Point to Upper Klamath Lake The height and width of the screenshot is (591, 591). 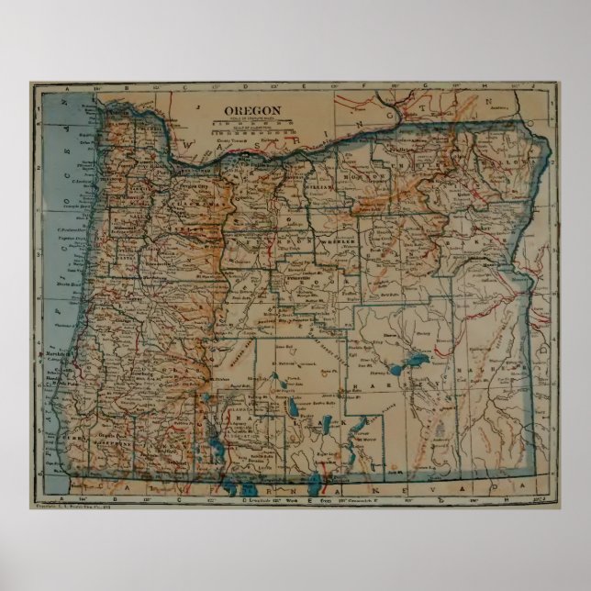click(x=213, y=447)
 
